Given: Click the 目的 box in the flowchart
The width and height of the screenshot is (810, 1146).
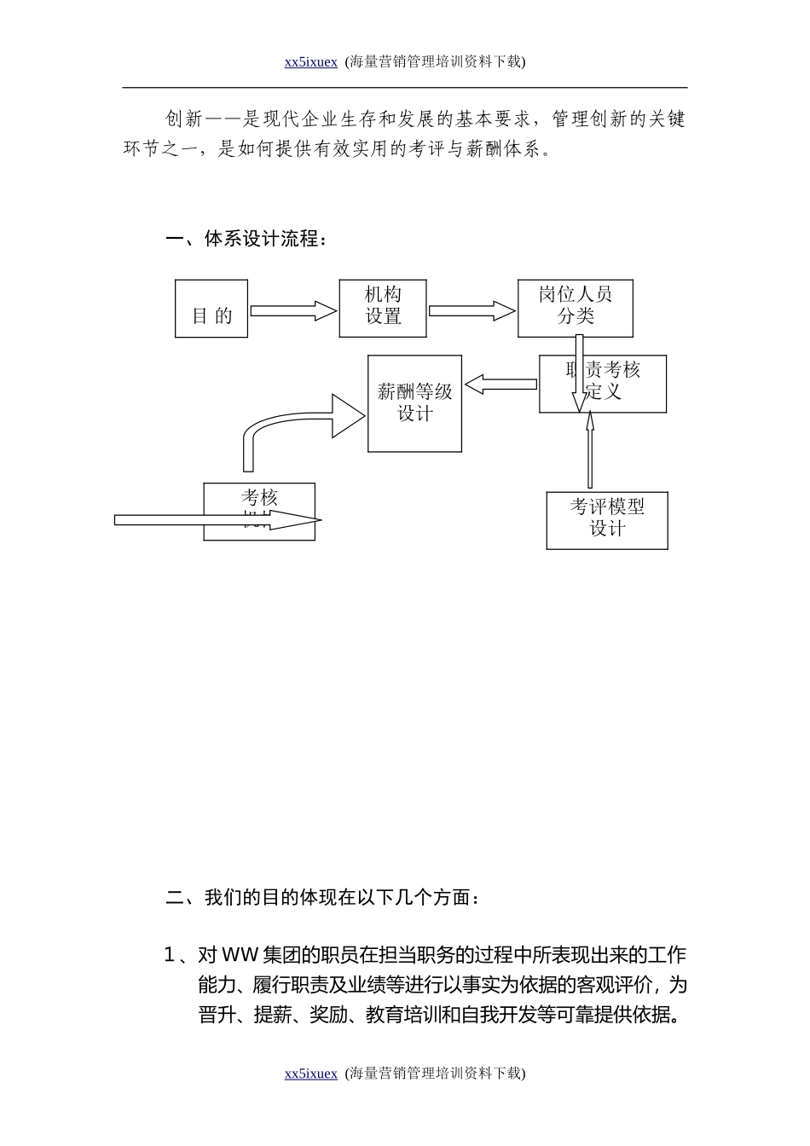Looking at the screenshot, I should pos(211,309).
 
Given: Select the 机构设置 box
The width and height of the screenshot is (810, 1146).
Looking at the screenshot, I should pos(383,307).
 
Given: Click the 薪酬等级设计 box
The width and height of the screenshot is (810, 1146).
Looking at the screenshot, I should pos(414,403).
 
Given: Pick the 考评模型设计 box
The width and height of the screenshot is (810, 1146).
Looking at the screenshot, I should pos(607,519).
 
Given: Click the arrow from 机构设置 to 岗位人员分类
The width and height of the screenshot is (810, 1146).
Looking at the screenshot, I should pos(472,310).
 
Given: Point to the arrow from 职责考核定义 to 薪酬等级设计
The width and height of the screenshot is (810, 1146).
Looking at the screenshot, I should pos(500,385).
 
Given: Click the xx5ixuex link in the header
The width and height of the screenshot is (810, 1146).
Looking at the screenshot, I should pos(310,61).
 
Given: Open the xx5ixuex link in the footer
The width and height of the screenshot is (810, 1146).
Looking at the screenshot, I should pos(310,1074).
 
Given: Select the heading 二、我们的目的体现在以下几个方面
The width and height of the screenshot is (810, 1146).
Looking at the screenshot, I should pos(323,898).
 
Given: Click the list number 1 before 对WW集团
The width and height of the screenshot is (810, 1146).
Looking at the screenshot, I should pos(169,955).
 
